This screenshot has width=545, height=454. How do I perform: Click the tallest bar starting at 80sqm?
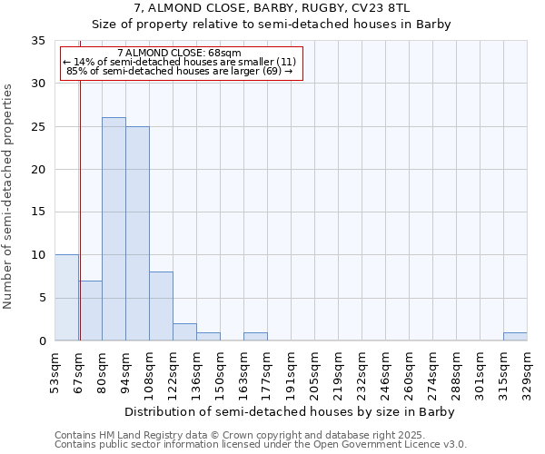(x=114, y=229)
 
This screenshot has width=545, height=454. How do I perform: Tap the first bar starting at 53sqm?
(x=66, y=298)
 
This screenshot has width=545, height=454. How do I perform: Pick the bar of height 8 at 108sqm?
(x=161, y=306)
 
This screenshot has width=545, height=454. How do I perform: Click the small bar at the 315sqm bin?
(x=515, y=337)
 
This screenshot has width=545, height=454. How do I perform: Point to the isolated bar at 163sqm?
(x=255, y=337)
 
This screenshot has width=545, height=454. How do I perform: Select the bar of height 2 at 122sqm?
(x=184, y=332)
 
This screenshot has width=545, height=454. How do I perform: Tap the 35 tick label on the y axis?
(x=38, y=41)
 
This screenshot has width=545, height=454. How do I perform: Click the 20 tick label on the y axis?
(x=38, y=170)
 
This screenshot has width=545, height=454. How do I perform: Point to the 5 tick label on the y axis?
(x=42, y=298)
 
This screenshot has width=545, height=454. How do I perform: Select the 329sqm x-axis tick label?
(x=528, y=372)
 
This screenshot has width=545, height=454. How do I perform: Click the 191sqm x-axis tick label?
(x=292, y=372)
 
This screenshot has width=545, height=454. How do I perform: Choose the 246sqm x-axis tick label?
(x=386, y=372)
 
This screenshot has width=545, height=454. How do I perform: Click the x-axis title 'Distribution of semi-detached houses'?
(x=289, y=411)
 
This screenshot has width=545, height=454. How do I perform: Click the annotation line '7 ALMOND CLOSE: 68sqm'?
(x=180, y=54)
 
